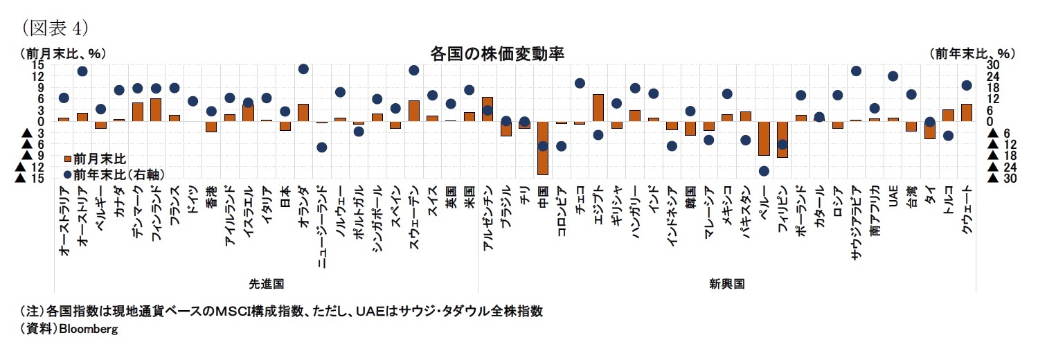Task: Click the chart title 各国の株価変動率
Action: coord(497,53)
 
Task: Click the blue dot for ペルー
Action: coord(764,171)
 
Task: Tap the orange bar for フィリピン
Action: coord(782,139)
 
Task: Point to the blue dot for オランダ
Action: coord(303,69)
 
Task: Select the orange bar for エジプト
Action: coord(598,107)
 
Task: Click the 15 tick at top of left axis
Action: coord(37,64)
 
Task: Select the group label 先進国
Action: coord(266,284)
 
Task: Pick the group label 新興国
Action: coord(726,284)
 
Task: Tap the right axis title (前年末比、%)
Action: coord(971,53)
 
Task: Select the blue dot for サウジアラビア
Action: coord(856,71)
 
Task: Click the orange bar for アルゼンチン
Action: coord(487,109)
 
